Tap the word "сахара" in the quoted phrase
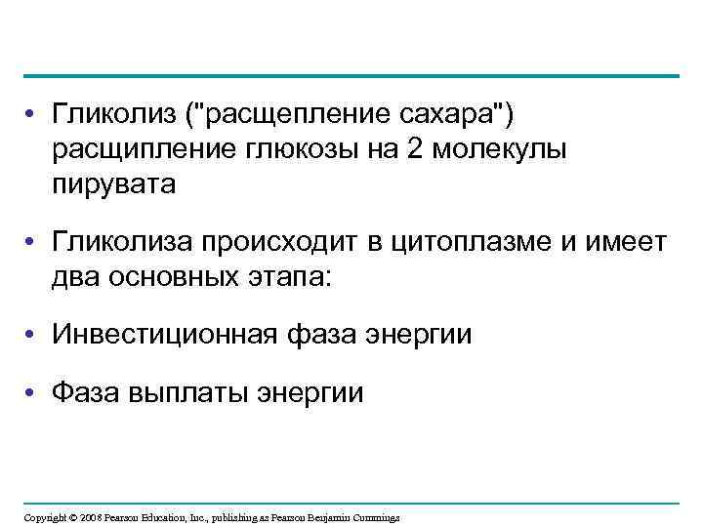[x=456, y=116]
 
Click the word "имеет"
[x=626, y=242]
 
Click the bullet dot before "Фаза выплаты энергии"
[x=32, y=392]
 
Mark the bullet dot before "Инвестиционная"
[x=32, y=335]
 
